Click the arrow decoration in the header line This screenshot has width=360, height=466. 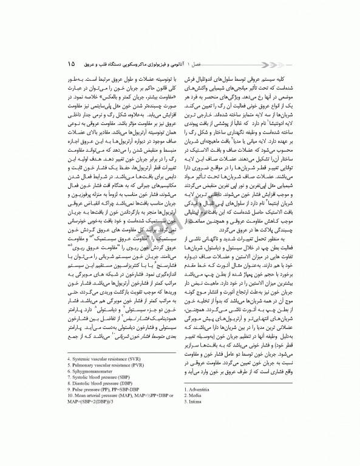212,63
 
